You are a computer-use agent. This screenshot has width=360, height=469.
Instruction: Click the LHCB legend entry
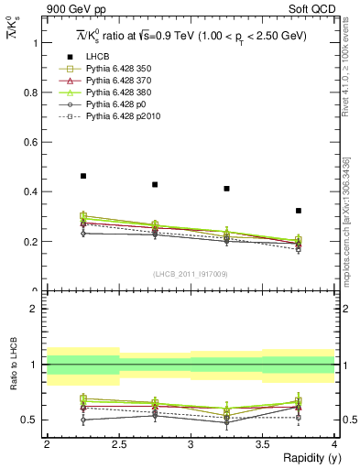tap(98, 57)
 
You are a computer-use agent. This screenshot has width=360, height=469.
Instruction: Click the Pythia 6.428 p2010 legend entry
tap(124, 116)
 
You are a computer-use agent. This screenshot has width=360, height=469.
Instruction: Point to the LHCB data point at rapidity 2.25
tap(83, 176)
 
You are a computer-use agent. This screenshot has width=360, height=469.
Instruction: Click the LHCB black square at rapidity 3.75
tap(299, 211)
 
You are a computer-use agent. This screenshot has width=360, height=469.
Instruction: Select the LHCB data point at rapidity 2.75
tap(155, 184)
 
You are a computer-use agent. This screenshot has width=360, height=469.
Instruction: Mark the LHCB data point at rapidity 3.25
tap(226, 189)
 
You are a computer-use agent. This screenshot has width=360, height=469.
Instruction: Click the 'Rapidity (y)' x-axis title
tap(306, 458)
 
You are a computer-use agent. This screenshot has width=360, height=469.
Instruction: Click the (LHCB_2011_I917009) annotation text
tap(190, 274)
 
